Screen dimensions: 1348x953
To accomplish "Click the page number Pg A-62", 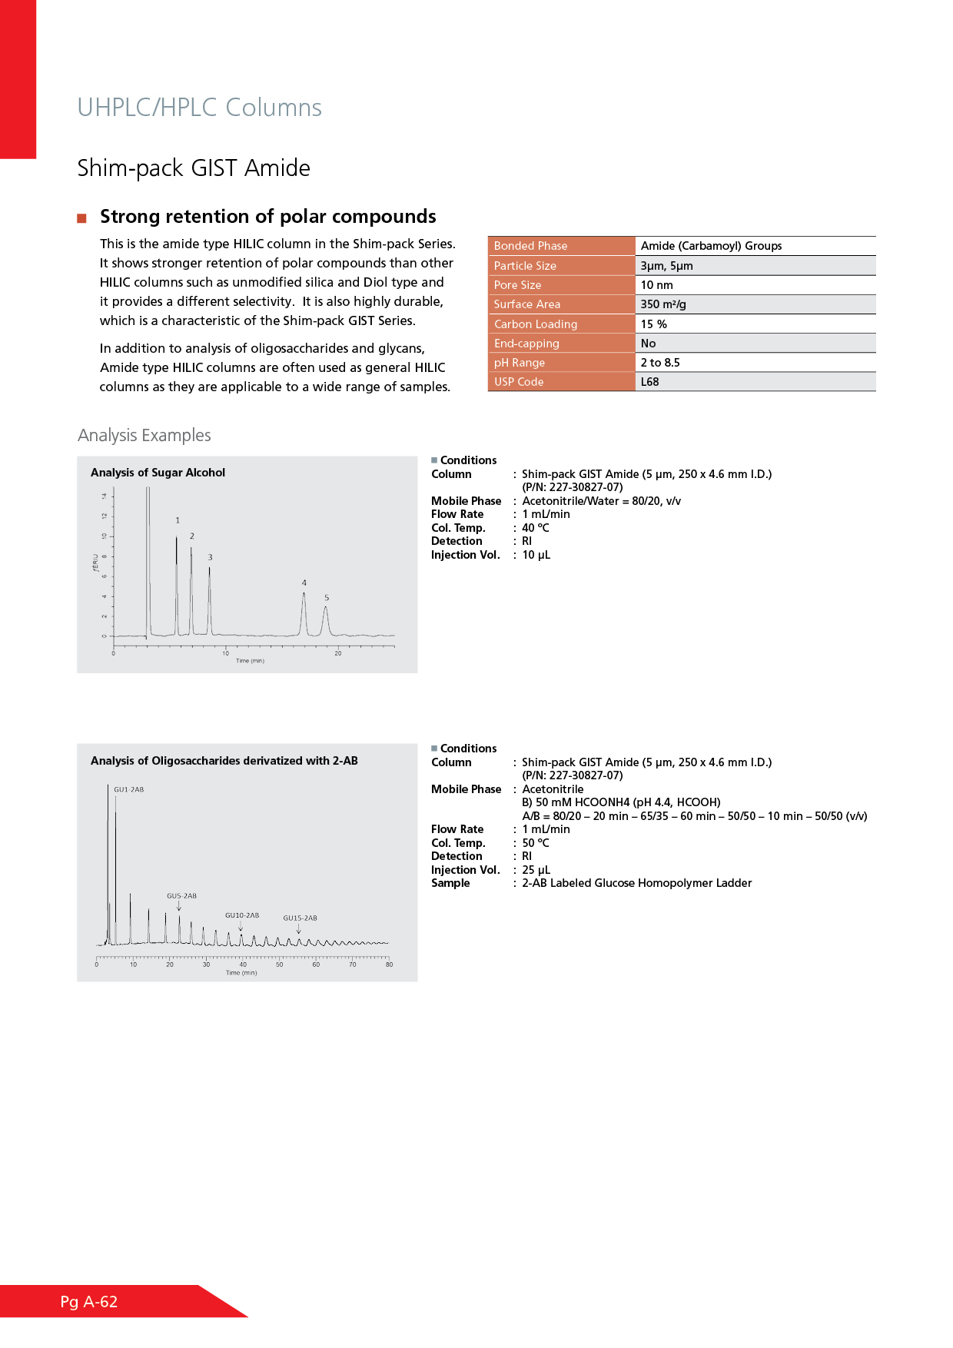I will pyautogui.click(x=89, y=1302).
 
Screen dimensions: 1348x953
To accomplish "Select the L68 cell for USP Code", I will pyautogui.click(x=650, y=382).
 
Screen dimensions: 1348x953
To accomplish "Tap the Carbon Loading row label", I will pyautogui.click(x=536, y=324).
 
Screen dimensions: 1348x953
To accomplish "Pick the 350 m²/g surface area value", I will pyautogui.click(x=663, y=304).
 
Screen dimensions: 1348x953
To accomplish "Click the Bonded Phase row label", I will pyautogui.click(x=530, y=246).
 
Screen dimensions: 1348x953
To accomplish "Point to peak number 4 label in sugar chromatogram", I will pyautogui.click(x=304, y=583).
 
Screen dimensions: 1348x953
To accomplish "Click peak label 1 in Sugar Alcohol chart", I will pyautogui.click(x=178, y=520).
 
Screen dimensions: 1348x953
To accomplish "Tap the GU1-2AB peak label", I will pyautogui.click(x=129, y=789).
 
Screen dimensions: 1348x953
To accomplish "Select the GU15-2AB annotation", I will pyautogui.click(x=300, y=918).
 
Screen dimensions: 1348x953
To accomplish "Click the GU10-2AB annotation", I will pyautogui.click(x=242, y=915).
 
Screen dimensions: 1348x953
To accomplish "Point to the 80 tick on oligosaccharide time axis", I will pyautogui.click(x=389, y=965).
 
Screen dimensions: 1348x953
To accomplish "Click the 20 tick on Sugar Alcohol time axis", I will pyautogui.click(x=338, y=653).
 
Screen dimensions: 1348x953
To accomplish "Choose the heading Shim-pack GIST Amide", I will pyautogui.click(x=194, y=168).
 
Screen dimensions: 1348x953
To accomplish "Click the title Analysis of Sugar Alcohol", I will pyautogui.click(x=158, y=473).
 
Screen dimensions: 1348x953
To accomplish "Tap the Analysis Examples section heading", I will pyautogui.click(x=144, y=436).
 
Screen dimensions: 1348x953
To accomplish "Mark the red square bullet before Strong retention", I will pyautogui.click(x=82, y=218).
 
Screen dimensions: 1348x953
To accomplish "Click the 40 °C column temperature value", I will pyautogui.click(x=536, y=528).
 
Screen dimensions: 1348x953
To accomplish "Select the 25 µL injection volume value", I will pyautogui.click(x=536, y=870).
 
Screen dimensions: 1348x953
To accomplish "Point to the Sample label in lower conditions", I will pyautogui.click(x=450, y=883).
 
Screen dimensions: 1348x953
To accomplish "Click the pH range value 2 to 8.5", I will pyautogui.click(x=660, y=363).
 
